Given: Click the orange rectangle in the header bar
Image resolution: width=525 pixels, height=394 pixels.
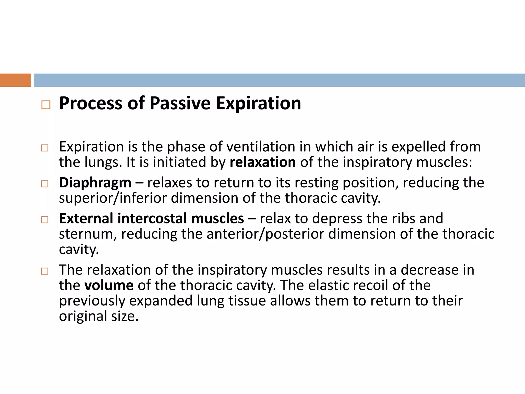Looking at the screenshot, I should click(15, 80).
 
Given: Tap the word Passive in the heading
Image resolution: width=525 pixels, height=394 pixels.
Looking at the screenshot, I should click(180, 103).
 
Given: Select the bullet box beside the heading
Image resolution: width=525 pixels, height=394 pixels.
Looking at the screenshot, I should click(46, 105).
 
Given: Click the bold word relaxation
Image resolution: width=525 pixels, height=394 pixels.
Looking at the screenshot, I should click(263, 162).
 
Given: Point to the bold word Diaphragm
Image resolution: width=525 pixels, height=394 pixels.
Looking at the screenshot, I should click(95, 183).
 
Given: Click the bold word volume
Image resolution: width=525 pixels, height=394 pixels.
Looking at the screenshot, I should click(109, 285).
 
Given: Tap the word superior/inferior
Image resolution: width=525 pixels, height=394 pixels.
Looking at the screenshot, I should click(113, 198).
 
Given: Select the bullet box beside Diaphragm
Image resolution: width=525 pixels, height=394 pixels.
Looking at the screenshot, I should click(45, 184).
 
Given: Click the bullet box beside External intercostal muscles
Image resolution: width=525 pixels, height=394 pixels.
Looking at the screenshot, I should click(45, 220).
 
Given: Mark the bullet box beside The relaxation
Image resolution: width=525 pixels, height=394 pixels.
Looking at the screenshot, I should click(45, 271).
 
